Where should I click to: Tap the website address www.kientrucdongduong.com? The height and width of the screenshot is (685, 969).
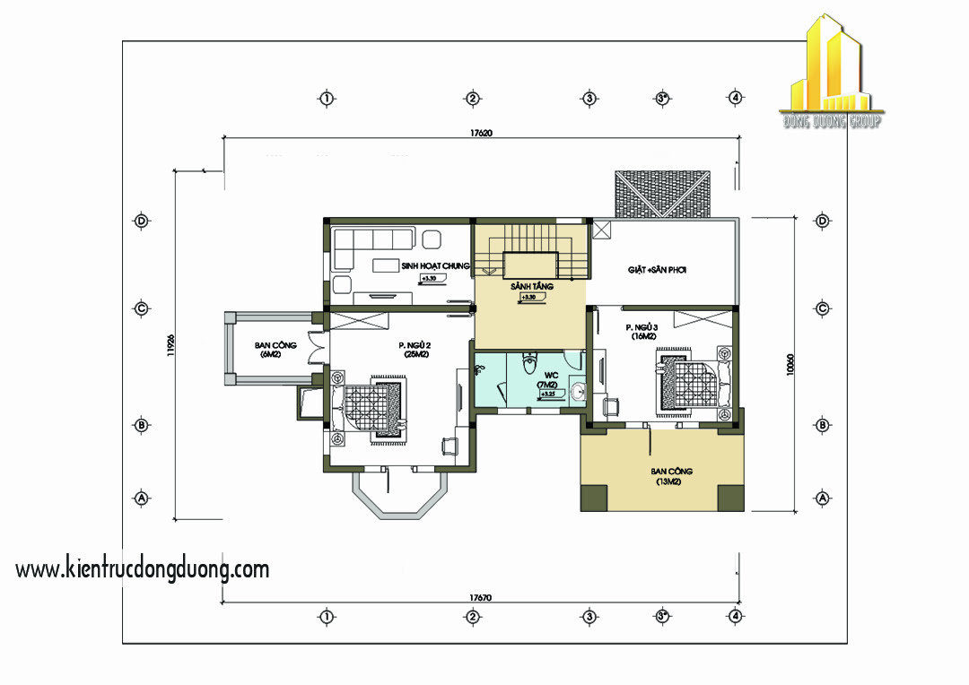(143, 568)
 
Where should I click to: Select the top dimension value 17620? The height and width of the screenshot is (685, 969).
(481, 133)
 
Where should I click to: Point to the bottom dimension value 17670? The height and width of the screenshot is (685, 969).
(481, 596)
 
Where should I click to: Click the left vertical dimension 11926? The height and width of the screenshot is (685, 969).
(170, 344)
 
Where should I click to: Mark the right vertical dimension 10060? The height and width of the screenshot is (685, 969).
(790, 363)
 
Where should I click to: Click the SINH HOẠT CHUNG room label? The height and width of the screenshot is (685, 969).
(436, 265)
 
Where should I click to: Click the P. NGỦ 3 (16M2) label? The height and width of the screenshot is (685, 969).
(642, 333)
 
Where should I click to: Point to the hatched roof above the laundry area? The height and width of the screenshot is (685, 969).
(662, 192)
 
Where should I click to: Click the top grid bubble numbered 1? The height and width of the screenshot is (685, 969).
(327, 98)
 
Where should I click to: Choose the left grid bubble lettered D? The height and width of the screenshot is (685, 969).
(141, 221)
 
